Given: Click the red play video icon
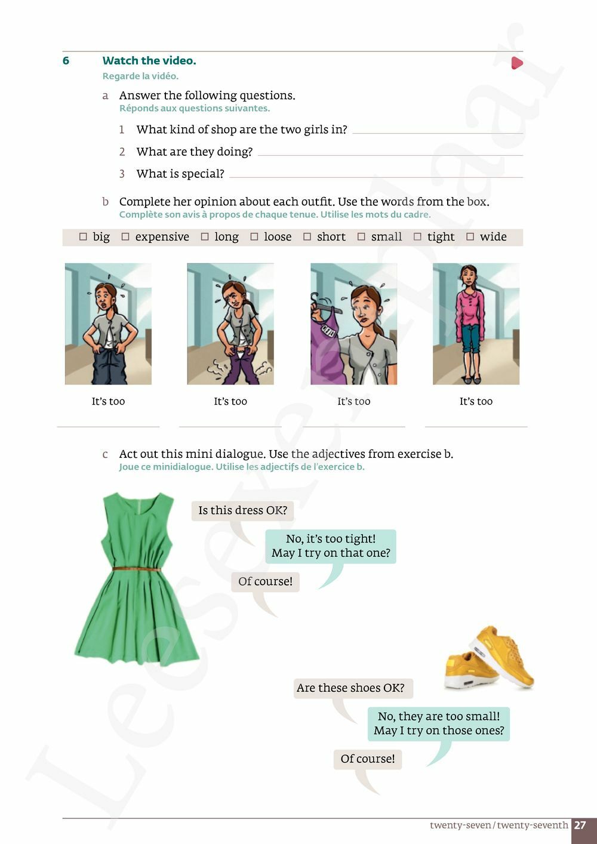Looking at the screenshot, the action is click(517, 63).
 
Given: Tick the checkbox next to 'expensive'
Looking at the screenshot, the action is click(125, 236).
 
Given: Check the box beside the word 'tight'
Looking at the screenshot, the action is click(417, 236).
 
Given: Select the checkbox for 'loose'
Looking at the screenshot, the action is click(254, 236).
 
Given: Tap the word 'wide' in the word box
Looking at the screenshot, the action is click(493, 236).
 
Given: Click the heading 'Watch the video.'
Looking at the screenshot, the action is click(149, 61).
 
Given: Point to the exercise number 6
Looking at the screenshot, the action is click(66, 61).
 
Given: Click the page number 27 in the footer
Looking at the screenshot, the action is click(580, 825).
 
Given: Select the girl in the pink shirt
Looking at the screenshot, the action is click(470, 324).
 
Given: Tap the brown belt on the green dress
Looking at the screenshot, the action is click(137, 569).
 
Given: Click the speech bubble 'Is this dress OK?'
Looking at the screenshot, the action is click(243, 510).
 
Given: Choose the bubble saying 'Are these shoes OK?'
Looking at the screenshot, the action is click(350, 688).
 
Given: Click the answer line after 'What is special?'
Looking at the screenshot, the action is click(376, 177).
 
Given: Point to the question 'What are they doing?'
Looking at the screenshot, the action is click(195, 152).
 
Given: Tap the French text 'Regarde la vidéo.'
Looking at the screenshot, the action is click(140, 76).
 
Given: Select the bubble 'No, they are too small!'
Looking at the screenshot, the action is click(439, 724).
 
